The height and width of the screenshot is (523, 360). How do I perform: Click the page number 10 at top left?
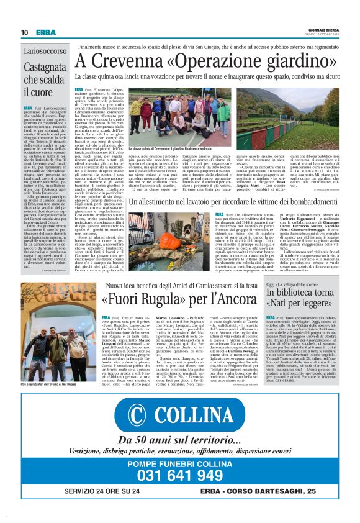click(x=24, y=32)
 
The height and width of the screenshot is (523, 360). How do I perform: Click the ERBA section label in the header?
click(x=45, y=32)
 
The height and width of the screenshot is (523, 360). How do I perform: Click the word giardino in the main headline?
click(x=287, y=60)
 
